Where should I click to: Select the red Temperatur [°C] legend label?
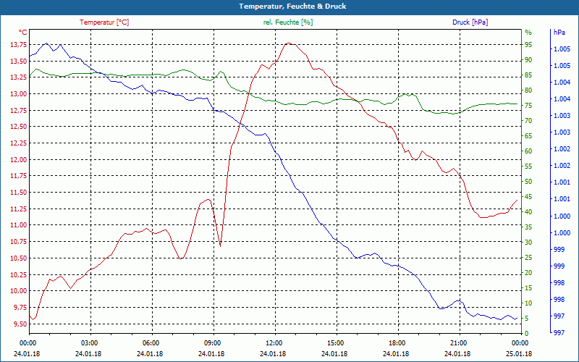pos(104,22)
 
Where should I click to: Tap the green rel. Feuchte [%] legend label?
pos(288,22)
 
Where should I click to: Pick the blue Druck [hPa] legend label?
pos(470,22)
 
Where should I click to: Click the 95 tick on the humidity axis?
pos(528,45)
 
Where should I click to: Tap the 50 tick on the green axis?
pos(528,182)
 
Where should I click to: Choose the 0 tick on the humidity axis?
pos(526,334)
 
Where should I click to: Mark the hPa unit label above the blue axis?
pos(559,33)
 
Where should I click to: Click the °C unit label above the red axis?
pos(23,33)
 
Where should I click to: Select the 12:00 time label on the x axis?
pos(274,342)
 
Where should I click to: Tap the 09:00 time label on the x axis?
pos(213,342)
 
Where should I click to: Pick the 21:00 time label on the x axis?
pos(458,342)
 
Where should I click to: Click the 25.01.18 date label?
pos(519,353)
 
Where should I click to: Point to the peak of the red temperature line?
pos(288,43)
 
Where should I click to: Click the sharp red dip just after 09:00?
pos(220,246)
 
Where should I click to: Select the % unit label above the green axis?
pos(528,33)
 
